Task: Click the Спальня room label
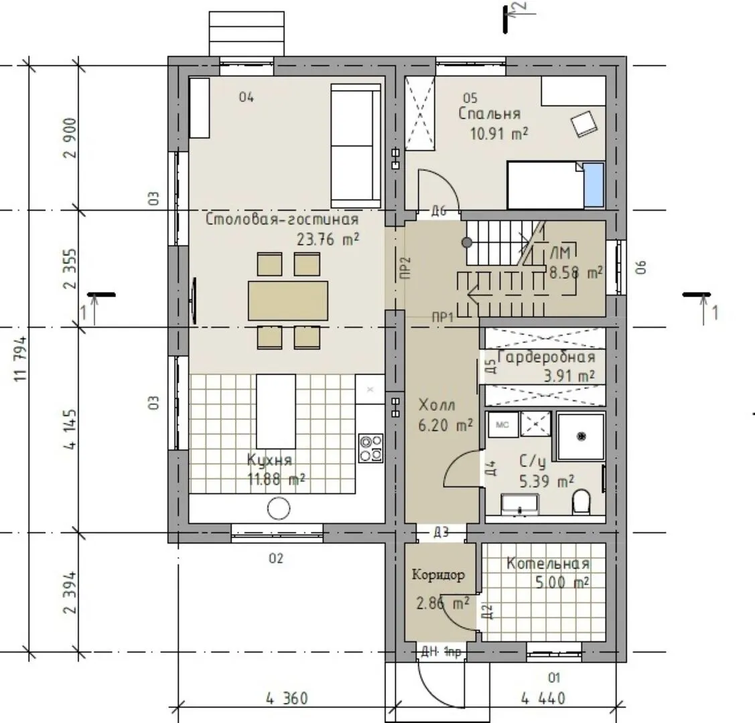(x=489, y=114)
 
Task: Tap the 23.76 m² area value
(x=328, y=239)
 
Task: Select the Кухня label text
(x=269, y=461)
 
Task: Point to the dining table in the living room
(x=288, y=301)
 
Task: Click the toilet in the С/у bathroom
(x=581, y=501)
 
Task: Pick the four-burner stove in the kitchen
(x=370, y=448)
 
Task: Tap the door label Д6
(x=439, y=211)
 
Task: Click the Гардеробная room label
(x=547, y=357)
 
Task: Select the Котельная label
(x=548, y=564)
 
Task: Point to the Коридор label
(x=438, y=575)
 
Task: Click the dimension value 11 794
(x=21, y=359)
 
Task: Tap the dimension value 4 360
(x=287, y=698)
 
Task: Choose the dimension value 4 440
(x=543, y=698)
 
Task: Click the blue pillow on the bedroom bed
(x=594, y=185)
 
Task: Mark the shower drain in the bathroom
(x=581, y=436)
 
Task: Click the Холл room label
(x=437, y=406)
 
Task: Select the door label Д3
(x=441, y=532)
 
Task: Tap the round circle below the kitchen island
(x=279, y=509)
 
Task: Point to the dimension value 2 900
(x=70, y=138)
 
